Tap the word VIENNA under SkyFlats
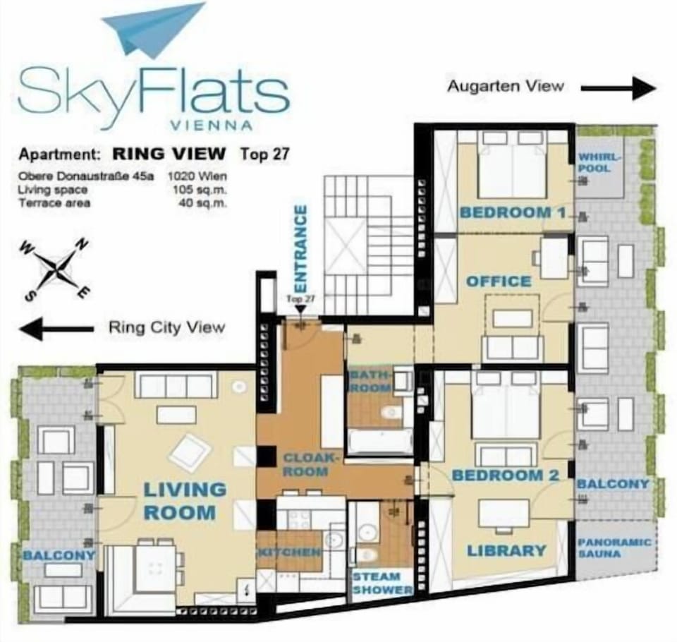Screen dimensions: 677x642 coord(212,126)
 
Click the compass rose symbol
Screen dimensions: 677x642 coord(55,269)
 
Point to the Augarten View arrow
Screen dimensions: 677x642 coord(618,88)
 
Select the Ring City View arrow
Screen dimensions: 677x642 coord(56,328)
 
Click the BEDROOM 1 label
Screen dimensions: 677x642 coord(513,212)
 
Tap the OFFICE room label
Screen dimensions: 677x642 coord(499,281)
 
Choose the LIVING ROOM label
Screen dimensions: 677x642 coord(184,501)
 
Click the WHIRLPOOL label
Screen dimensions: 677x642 coord(599,162)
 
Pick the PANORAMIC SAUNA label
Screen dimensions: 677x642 coord(614,548)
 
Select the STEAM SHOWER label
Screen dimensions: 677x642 coord(382,583)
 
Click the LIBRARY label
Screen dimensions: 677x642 coord(507,551)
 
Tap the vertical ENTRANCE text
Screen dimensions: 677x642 coord(300,249)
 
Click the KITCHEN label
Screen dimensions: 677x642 coord(289,552)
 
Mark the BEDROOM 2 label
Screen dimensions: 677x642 coord(506,476)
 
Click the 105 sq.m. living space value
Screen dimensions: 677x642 coord(200,190)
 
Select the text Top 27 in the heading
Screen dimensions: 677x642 coord(264,155)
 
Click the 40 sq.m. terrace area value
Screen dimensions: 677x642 coord(202,203)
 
